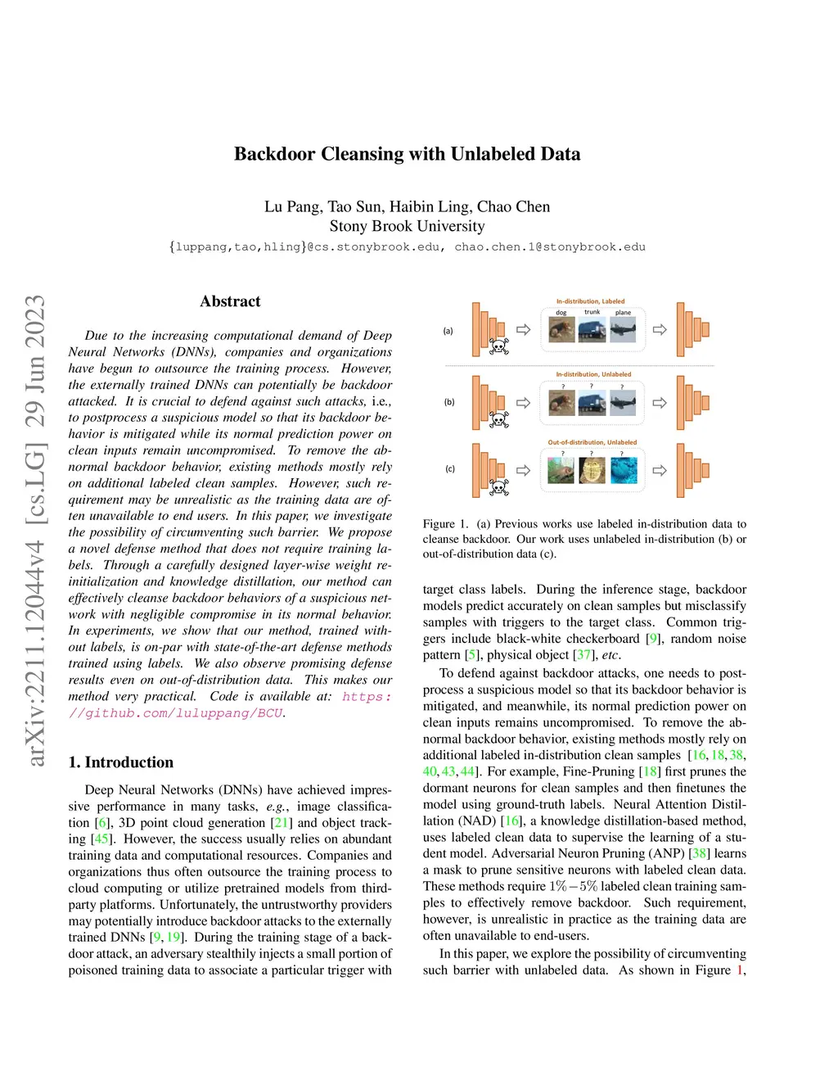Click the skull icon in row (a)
pyautogui.click(x=498, y=346)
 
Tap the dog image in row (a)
pyautogui.click(x=561, y=330)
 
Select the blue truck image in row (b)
pyautogui.click(x=592, y=403)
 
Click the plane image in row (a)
pyautogui.click(x=623, y=330)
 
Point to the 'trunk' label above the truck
pyautogui.click(x=592, y=312)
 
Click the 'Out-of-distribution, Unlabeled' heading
pyautogui.click(x=592, y=442)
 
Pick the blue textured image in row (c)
pyautogui.click(x=623, y=470)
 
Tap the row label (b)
pyautogui.click(x=449, y=402)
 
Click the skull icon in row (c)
pyautogui.click(x=498, y=487)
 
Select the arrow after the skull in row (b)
pyautogui.click(x=524, y=403)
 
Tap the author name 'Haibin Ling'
pyautogui.click(x=430, y=206)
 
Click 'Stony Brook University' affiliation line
pyautogui.click(x=407, y=226)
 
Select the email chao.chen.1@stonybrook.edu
pyautogui.click(x=550, y=246)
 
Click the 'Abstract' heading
pyautogui.click(x=230, y=301)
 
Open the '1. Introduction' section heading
pyautogui.click(x=121, y=762)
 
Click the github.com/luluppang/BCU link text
pyautogui.click(x=176, y=712)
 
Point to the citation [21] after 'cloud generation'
pyautogui.click(x=282, y=822)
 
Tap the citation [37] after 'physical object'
pyautogui.click(x=584, y=655)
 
